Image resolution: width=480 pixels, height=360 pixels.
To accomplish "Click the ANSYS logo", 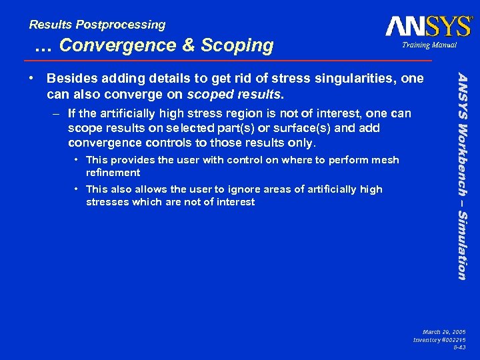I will pos(428,26).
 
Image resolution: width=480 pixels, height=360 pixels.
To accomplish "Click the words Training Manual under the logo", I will pos(428,45).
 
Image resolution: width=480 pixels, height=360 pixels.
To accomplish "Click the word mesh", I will pos(387,159).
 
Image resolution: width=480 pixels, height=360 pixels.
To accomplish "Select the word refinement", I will pos(113,172).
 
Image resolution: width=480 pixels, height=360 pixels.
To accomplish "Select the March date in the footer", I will pos(445,331).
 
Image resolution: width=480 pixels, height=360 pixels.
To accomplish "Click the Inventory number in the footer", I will pos(439,340).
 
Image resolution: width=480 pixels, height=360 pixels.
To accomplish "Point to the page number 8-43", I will pos(459,348).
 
